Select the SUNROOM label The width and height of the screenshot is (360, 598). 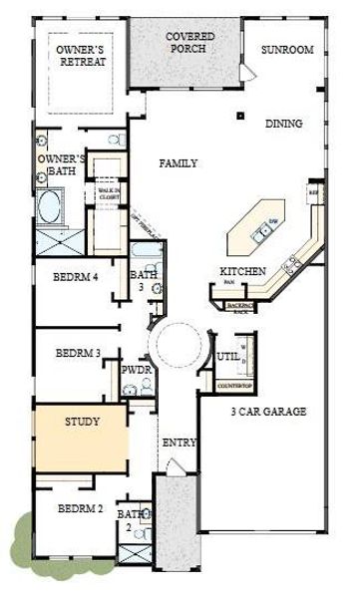click(x=287, y=49)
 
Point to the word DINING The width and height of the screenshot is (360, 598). click(x=284, y=125)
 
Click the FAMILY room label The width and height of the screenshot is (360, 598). click(x=179, y=163)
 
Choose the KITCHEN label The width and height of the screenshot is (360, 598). click(x=242, y=271)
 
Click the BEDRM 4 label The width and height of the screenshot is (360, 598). click(x=76, y=277)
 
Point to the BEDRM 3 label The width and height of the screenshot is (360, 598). click(x=78, y=352)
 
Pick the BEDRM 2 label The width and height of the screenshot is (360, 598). click(x=78, y=508)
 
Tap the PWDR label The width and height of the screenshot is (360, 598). click(x=136, y=370)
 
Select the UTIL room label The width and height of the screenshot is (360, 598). click(x=226, y=356)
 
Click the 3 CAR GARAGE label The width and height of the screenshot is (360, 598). click(x=268, y=412)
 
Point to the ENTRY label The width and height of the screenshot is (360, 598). click(x=179, y=443)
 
